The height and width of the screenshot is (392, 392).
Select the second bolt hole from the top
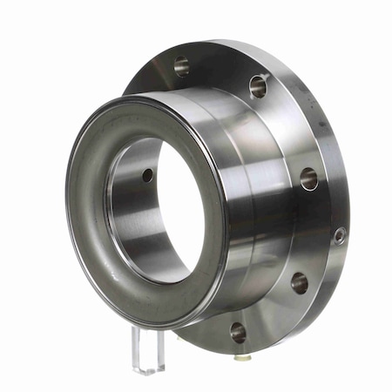pos(258,85)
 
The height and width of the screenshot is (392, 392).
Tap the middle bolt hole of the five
pos(308,179)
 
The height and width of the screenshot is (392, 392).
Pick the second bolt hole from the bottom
pos(299,282)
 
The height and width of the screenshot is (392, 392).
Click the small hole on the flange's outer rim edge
pos(340,234)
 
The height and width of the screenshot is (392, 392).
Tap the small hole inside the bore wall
pos(147,175)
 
